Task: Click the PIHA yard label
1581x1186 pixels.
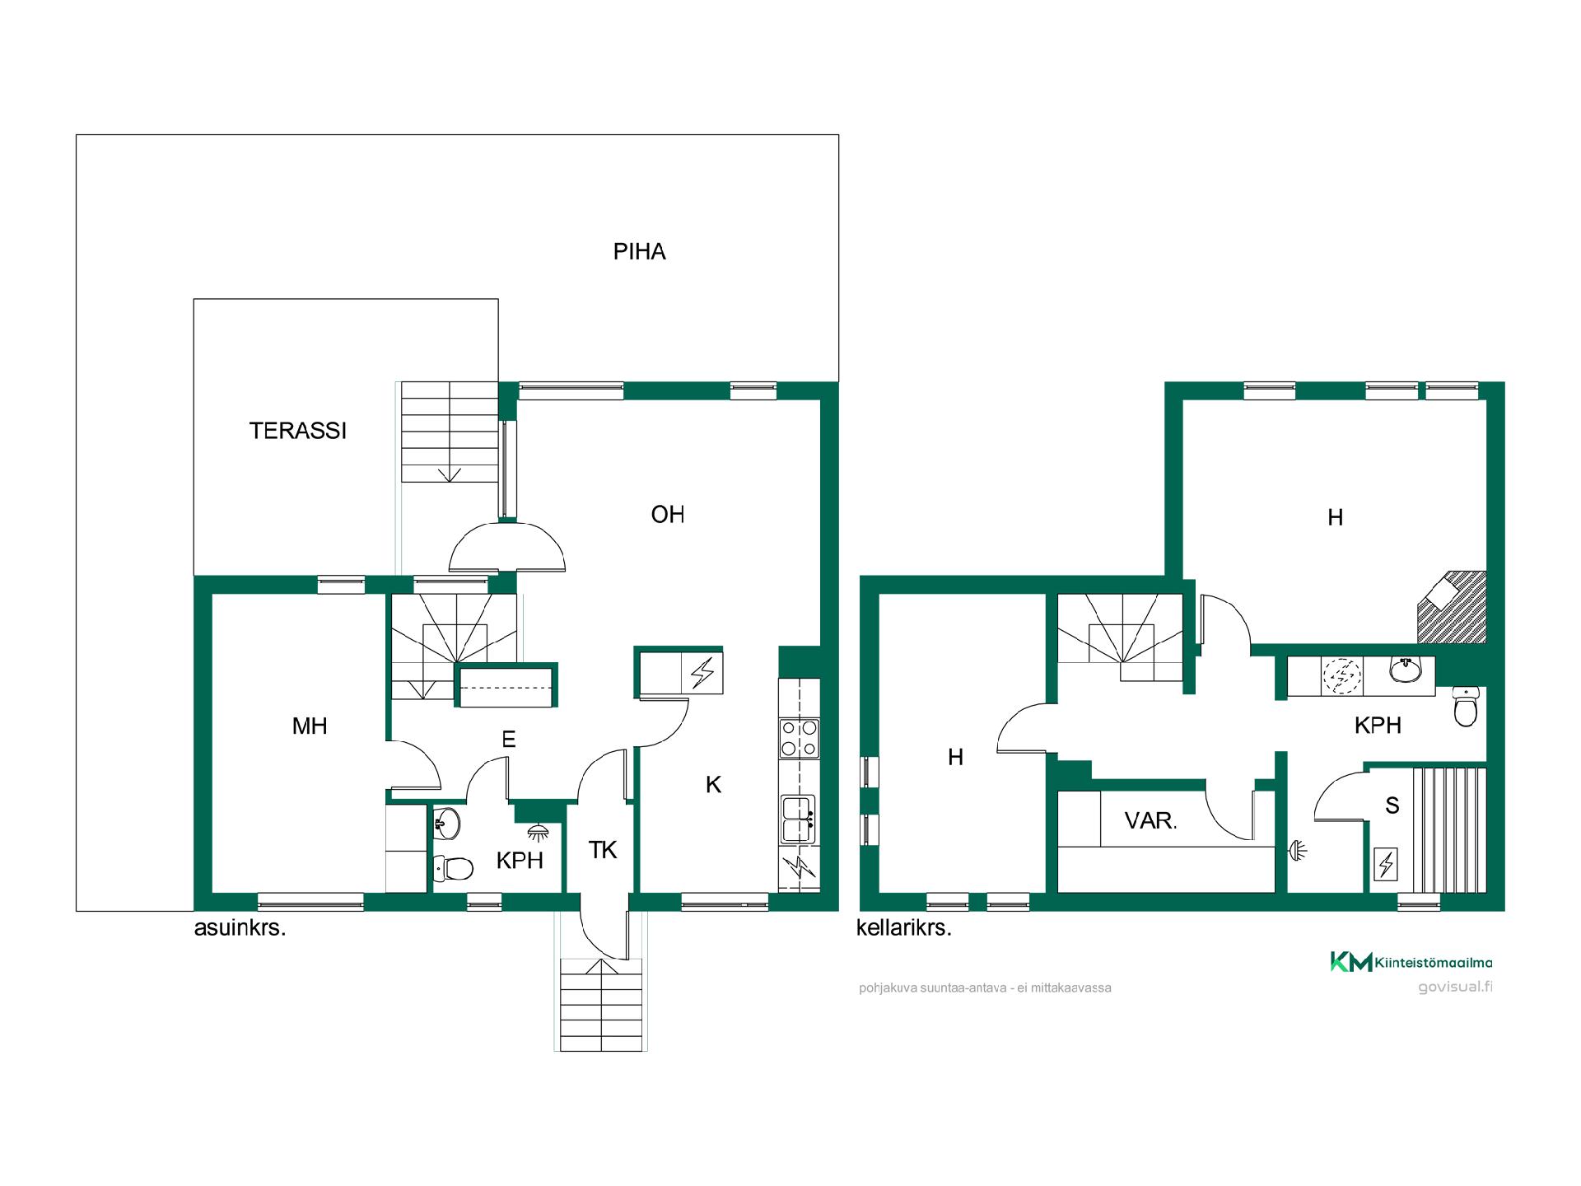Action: (x=639, y=251)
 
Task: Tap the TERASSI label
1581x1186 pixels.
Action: (x=298, y=431)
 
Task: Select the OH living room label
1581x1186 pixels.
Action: (x=668, y=515)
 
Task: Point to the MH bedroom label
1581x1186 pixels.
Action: (x=310, y=726)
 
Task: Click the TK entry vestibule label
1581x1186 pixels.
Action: (x=603, y=850)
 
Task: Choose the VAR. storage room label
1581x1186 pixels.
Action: (x=1151, y=820)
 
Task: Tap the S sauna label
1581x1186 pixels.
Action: (x=1392, y=805)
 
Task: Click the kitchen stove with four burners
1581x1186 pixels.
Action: (x=799, y=738)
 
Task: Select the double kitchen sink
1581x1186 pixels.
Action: (x=798, y=819)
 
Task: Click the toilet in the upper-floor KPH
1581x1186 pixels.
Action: (x=453, y=867)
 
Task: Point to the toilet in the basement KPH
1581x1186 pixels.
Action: (x=1466, y=707)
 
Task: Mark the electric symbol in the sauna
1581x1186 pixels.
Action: (x=1386, y=865)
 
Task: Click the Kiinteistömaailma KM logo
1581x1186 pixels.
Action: (x=1411, y=962)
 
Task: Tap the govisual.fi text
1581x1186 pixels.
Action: (x=1455, y=988)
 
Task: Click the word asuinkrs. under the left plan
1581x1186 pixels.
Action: (x=240, y=929)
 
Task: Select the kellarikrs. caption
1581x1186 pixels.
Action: (x=903, y=928)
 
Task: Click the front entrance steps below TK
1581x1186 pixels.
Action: (x=601, y=1005)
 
